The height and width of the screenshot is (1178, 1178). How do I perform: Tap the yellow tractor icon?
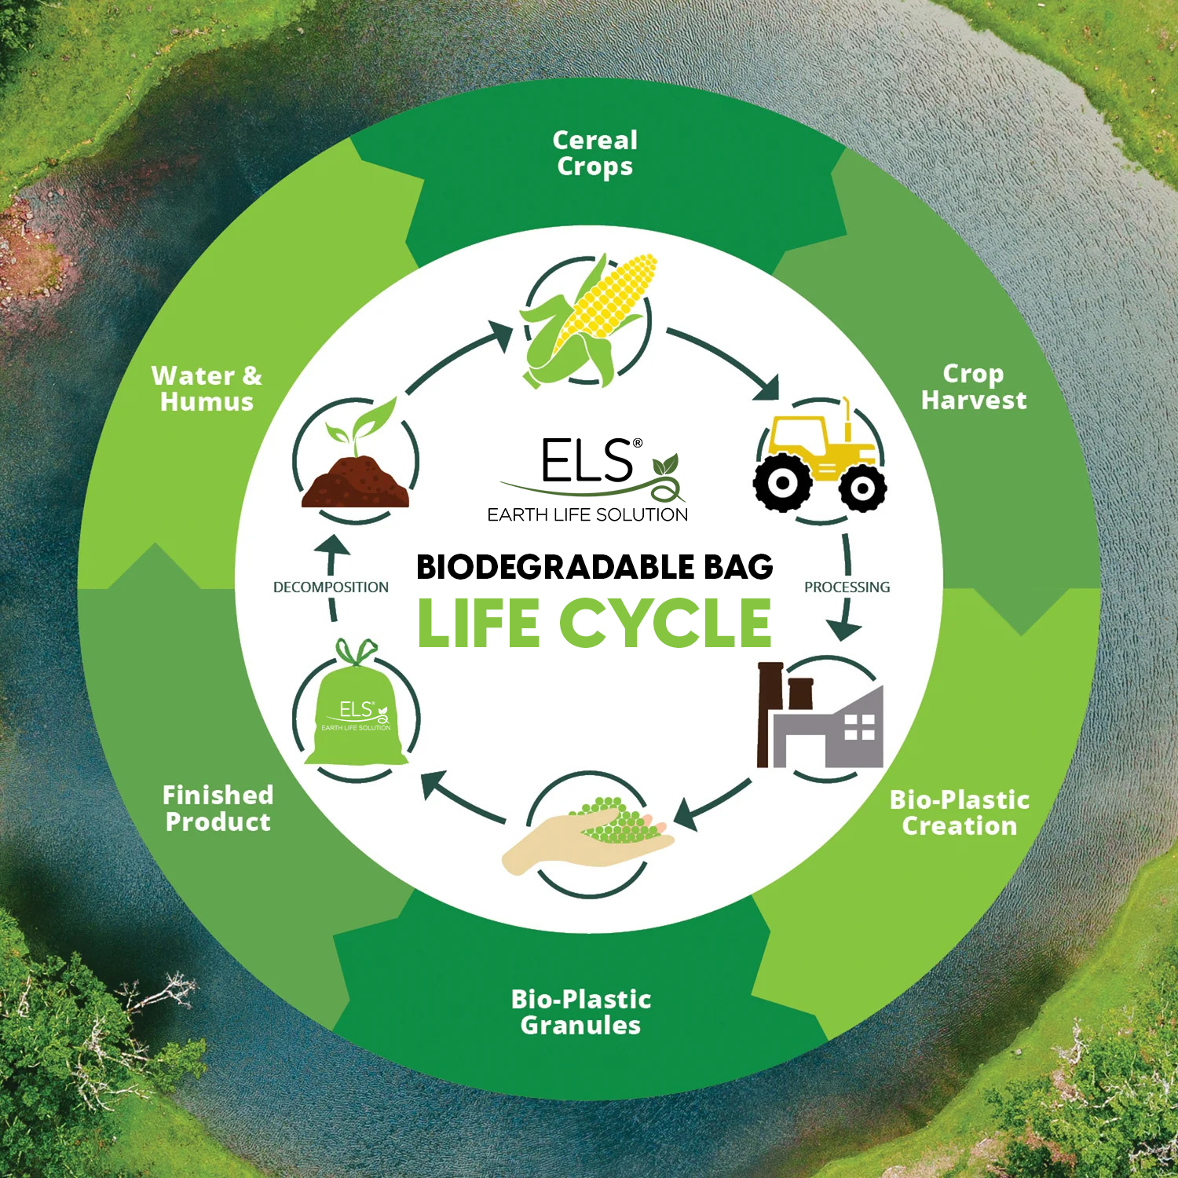[x=820, y=455]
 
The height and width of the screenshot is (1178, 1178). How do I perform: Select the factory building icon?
[x=820, y=715]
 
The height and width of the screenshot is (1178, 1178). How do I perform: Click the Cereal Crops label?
[x=594, y=153]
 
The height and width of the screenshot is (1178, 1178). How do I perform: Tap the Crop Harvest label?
[x=973, y=386]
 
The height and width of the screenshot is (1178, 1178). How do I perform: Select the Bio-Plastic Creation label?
[x=959, y=813]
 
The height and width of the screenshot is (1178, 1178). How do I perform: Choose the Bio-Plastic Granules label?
[x=581, y=1012]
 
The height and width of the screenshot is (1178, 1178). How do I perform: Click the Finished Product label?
[x=218, y=808]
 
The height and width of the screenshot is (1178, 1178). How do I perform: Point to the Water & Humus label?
[x=207, y=388]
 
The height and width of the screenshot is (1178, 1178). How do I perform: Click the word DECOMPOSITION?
[x=331, y=587]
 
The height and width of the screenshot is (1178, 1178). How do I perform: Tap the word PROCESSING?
[x=847, y=587]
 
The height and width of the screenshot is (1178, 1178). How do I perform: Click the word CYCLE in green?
[x=665, y=623]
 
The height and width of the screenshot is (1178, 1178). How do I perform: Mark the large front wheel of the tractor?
[x=782, y=482]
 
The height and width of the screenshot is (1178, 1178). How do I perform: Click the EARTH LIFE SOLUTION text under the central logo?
[x=587, y=514]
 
